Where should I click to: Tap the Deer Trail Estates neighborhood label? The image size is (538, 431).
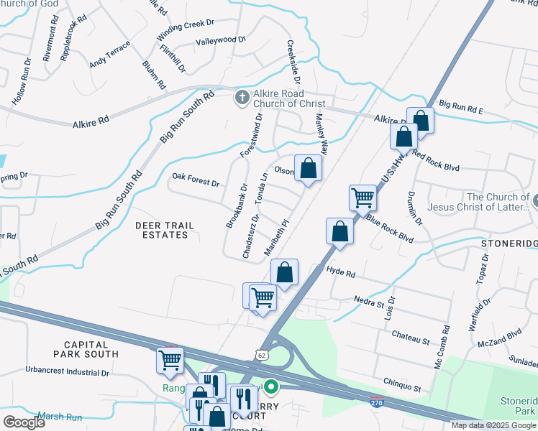[x=165, y=230]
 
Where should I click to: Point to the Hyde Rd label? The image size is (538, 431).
[x=341, y=273]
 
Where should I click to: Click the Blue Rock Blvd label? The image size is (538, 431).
[x=389, y=228]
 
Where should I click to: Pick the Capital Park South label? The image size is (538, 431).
[x=86, y=349]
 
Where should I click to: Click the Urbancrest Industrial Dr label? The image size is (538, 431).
[x=66, y=373]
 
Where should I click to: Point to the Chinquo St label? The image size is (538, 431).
[x=402, y=387]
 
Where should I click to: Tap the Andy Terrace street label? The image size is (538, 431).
[x=109, y=54]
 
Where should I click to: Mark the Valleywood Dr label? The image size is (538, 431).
[x=221, y=41]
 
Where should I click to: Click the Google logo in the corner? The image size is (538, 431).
[x=24, y=422]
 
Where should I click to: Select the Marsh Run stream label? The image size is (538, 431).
[x=60, y=417]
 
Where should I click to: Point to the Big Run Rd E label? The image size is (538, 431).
[x=462, y=107]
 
